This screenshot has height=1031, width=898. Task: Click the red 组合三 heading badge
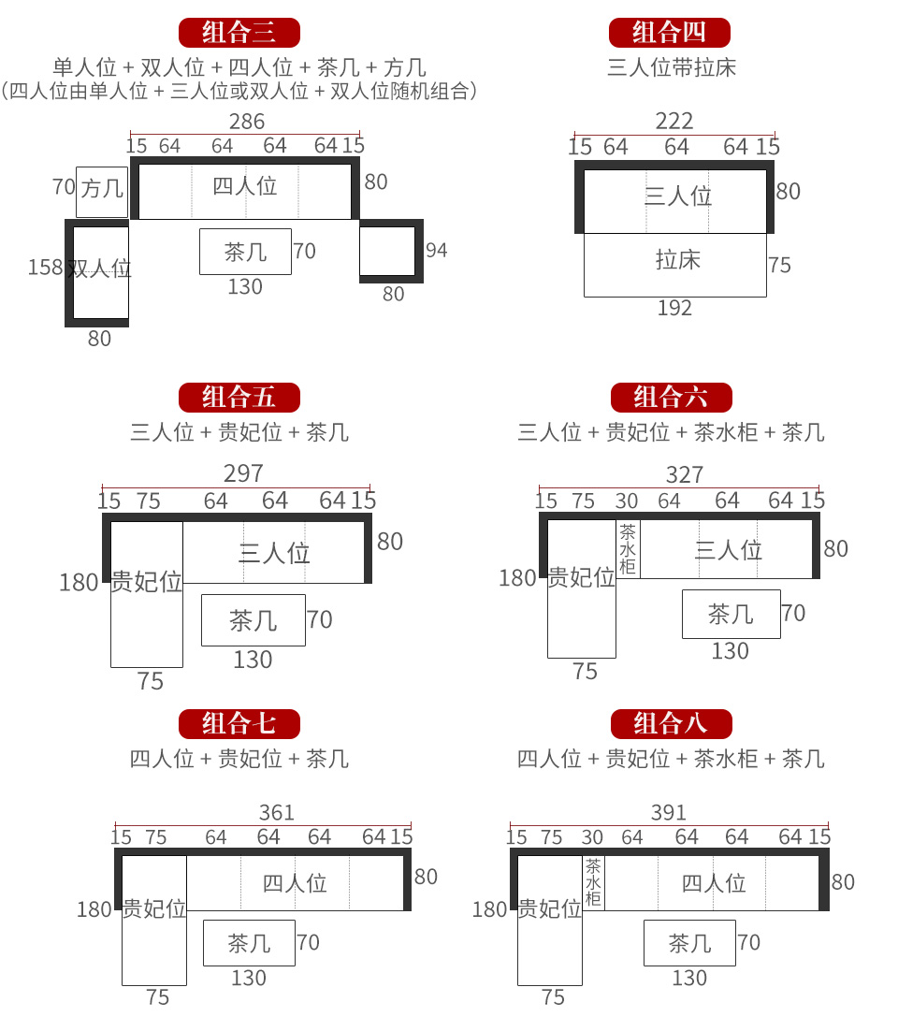[239, 32]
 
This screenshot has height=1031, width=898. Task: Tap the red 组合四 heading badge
[669, 32]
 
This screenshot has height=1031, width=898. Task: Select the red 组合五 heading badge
[239, 397]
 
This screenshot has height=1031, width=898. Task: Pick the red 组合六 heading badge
[672, 397]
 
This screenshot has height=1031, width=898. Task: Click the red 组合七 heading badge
[239, 724]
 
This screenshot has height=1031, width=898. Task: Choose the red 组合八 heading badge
[672, 724]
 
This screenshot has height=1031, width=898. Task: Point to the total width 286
[247, 122]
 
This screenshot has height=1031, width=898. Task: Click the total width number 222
[673, 121]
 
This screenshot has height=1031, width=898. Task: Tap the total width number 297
[243, 473]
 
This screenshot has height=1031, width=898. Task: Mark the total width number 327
[685, 474]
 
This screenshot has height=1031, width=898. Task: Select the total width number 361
[276, 813]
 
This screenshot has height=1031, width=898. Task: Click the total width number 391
[669, 813]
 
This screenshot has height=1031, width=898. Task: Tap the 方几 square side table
[102, 192]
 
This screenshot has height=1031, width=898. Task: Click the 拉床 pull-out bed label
[678, 260]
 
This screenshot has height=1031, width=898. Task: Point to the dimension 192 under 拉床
[674, 308]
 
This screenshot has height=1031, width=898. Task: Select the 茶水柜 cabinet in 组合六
[628, 549]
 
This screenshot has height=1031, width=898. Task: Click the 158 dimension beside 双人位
[45, 267]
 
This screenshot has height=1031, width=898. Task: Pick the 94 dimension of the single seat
[437, 251]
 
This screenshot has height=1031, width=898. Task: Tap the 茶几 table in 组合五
[253, 620]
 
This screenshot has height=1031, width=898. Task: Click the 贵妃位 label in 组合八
[550, 908]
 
